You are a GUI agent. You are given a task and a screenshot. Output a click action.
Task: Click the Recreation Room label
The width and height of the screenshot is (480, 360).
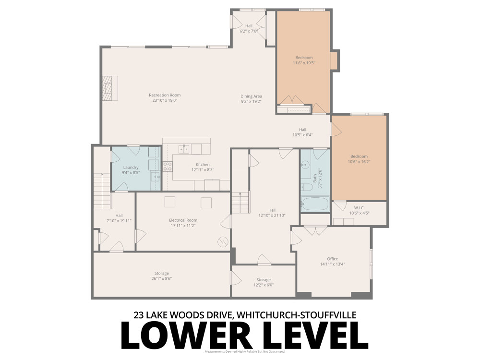point(165,95)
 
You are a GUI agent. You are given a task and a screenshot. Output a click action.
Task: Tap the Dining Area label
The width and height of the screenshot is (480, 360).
point(251,96)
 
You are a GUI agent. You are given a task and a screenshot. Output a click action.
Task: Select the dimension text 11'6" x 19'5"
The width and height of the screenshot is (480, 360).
point(304,63)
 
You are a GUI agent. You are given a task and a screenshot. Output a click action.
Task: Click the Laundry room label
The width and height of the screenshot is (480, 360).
point(130,168)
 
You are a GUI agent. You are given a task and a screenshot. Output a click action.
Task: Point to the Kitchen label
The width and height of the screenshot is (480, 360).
point(202,165)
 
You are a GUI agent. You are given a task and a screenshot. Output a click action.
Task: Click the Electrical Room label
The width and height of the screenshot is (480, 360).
point(183,220)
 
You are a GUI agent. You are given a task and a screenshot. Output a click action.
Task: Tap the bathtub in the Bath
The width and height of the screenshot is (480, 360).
point(315,204)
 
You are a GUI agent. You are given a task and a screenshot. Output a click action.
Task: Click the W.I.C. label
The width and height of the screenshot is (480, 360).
point(359,208)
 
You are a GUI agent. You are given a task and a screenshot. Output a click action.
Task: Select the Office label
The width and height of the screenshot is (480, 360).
point(332,259)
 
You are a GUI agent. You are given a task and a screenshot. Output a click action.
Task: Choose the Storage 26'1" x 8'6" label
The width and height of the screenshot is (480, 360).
point(161,273)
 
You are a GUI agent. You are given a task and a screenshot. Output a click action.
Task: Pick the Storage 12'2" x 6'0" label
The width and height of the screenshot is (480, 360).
point(263,280)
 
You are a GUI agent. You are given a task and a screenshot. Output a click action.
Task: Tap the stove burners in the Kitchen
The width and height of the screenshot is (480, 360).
point(168,167)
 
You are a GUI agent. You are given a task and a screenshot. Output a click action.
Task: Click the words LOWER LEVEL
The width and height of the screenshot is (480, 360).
point(244,335)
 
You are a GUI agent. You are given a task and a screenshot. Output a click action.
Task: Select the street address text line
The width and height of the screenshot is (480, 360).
point(245,315)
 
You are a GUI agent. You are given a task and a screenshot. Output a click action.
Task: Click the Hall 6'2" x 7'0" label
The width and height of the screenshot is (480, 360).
point(249,26)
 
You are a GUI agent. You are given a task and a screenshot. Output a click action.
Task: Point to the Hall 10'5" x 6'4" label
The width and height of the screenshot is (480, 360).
point(302,130)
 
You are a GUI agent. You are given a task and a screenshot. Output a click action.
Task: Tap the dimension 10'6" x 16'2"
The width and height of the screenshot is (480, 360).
point(359,162)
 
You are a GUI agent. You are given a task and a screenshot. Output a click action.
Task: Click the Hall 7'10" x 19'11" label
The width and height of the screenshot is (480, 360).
point(119,216)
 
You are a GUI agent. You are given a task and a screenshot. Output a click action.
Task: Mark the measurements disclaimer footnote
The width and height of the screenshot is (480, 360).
point(245,352)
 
